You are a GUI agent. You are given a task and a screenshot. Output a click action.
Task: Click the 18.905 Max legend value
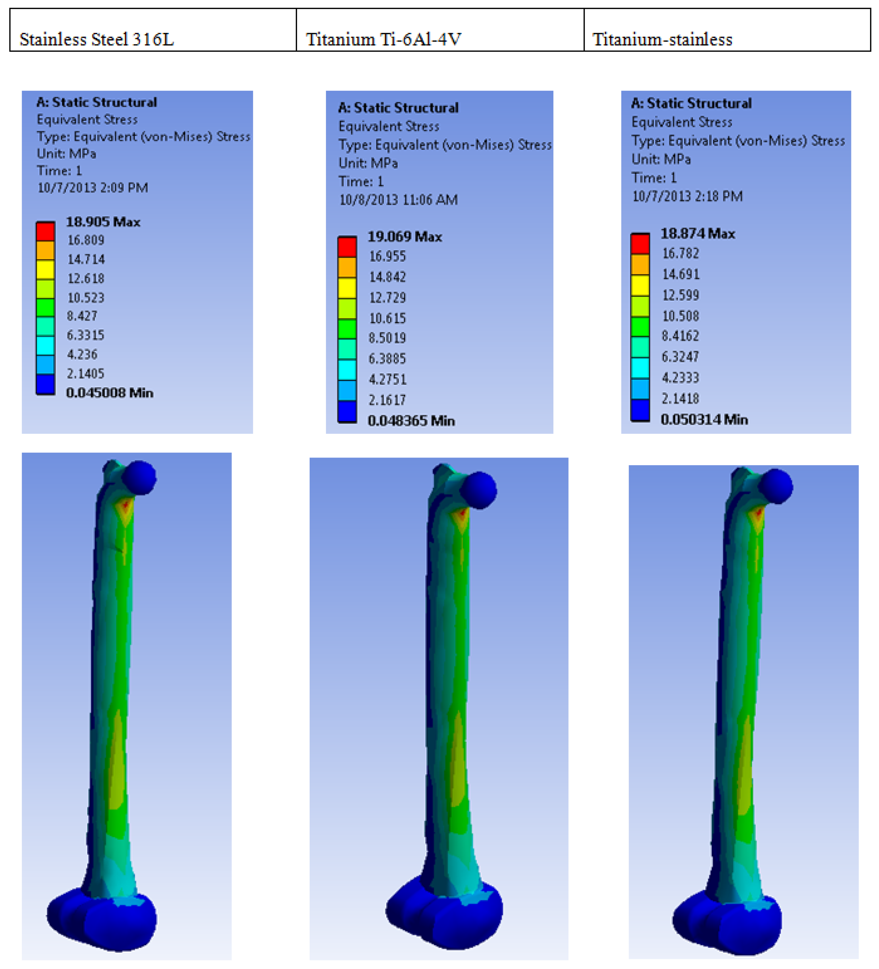coord(103,221)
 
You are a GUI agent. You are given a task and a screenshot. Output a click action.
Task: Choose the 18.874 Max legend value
coord(697,234)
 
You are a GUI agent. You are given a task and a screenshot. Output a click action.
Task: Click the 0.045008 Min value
coord(109,393)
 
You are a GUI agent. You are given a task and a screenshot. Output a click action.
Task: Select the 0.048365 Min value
coord(411,421)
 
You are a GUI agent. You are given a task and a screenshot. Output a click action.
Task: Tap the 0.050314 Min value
coord(704,419)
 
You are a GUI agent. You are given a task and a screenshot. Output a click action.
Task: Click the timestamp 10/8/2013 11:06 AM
coord(399,199)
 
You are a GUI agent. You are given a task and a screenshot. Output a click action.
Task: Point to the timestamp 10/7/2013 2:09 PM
coord(93,188)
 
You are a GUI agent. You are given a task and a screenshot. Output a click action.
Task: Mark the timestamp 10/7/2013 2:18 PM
coord(687,196)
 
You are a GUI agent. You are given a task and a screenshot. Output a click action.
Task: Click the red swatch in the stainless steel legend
coord(46,231)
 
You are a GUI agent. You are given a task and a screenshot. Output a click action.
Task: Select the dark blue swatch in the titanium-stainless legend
coord(640,410)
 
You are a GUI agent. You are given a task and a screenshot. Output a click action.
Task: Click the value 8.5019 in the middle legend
coord(387,338)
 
